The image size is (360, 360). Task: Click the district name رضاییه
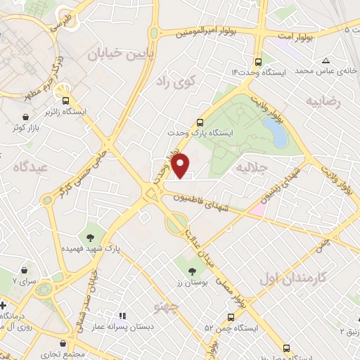coord(323,101)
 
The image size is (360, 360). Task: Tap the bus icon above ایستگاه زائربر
coord(65,100)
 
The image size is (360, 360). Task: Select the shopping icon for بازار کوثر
coord(26,117)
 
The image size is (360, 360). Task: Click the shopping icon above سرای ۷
coord(25,271)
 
